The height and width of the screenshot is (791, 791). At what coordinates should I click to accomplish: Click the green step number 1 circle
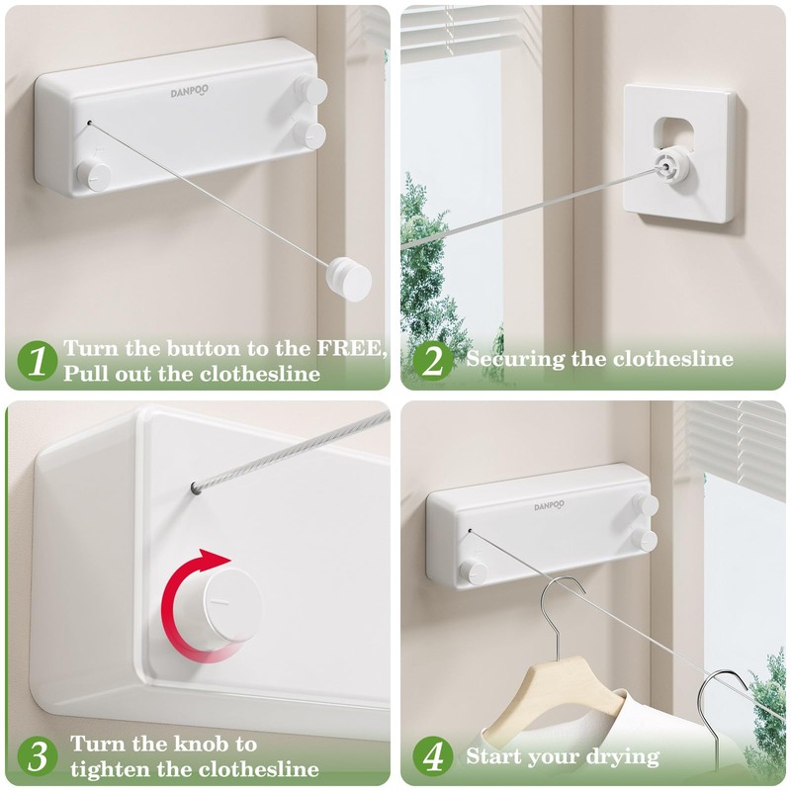click(38, 361)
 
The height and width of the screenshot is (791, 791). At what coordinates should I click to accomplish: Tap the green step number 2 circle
click(433, 361)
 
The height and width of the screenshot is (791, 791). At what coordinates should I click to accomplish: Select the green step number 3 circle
click(38, 756)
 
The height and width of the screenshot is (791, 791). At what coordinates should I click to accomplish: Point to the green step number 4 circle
click(433, 756)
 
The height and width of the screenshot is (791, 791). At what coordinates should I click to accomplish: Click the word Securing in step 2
click(515, 359)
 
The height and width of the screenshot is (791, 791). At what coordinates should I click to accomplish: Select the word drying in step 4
click(627, 757)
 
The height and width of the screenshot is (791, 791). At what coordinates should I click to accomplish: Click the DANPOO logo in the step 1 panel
click(189, 91)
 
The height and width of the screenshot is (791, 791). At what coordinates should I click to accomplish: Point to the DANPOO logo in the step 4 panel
click(550, 505)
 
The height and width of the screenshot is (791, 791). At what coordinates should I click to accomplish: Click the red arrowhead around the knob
click(216, 560)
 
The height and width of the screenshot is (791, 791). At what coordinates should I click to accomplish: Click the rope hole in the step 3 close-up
click(196, 487)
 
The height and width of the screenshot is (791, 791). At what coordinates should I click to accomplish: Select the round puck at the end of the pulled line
click(349, 279)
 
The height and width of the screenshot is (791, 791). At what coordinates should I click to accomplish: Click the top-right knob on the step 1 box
click(310, 90)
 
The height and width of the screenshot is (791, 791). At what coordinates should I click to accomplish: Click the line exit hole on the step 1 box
click(89, 123)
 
